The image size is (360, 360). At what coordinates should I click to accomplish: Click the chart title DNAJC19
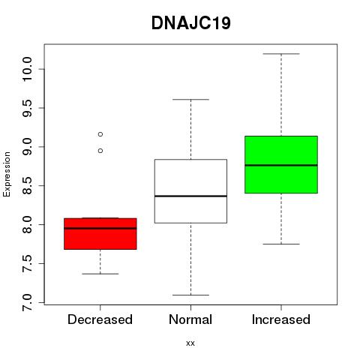190,23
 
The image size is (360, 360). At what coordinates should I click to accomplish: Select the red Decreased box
100,234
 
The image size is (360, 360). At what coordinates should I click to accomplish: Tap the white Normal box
190,191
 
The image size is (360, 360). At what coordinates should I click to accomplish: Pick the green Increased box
281,164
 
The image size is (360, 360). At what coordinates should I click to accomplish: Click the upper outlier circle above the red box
100,134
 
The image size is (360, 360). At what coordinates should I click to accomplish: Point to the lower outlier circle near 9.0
100,151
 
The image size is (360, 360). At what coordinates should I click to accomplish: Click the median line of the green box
281,165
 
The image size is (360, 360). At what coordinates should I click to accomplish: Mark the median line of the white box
190,196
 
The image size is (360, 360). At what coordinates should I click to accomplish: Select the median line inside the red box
100,228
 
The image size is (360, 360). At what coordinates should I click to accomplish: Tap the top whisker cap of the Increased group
281,54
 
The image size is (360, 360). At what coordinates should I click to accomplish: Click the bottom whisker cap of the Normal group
190,295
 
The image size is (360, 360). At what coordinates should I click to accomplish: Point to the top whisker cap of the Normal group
190,100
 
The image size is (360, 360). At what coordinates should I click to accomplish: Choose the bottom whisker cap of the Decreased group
100,274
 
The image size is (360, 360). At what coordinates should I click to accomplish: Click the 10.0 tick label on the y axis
27,69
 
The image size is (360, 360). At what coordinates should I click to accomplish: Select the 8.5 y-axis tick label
27,186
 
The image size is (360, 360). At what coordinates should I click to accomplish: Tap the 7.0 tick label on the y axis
27,302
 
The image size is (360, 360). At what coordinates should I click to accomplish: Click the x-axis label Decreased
100,319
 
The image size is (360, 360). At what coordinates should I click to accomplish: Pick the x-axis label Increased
281,319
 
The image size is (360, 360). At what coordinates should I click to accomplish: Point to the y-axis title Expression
7,174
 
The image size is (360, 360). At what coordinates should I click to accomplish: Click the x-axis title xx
190,343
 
